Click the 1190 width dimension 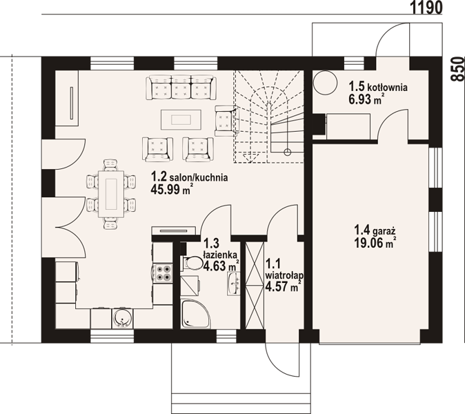point(426,8)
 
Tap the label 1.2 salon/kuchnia point(189,177)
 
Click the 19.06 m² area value point(376,242)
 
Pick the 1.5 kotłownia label point(378,87)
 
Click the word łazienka point(220,255)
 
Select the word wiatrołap point(284,275)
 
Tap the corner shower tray point(195,314)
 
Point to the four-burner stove point(164,273)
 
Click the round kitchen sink point(123,318)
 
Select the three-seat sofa point(181,87)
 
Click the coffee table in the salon point(181,119)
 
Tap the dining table point(112,194)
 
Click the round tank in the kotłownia point(325,83)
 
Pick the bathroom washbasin point(234,283)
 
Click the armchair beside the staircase point(226,121)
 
